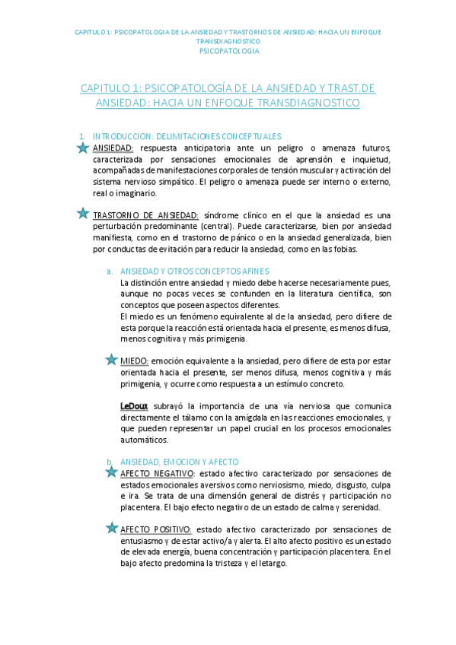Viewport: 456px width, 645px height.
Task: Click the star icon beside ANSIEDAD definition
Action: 83,148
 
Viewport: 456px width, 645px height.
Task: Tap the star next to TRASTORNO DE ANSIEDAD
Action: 83,214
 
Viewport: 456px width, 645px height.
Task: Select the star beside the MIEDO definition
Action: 111,359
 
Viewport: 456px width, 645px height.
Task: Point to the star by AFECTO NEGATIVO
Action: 111,473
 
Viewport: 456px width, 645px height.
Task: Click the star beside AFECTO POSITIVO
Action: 111,528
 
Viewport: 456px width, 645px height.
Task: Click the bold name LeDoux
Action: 133,406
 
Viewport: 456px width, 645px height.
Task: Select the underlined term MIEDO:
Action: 135,360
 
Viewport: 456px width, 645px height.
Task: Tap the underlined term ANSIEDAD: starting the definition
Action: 113,148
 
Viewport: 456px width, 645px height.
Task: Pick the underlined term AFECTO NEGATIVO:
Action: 158,474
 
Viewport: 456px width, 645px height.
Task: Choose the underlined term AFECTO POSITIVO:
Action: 156,529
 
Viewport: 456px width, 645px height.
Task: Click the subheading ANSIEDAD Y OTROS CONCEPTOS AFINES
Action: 194,271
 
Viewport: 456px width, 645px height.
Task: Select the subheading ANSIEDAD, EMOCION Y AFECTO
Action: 180,462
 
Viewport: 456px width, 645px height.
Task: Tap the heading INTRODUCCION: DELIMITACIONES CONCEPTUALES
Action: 187,136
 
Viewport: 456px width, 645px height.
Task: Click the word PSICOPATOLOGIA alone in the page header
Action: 228,51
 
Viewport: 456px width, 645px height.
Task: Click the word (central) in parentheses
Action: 220,227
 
